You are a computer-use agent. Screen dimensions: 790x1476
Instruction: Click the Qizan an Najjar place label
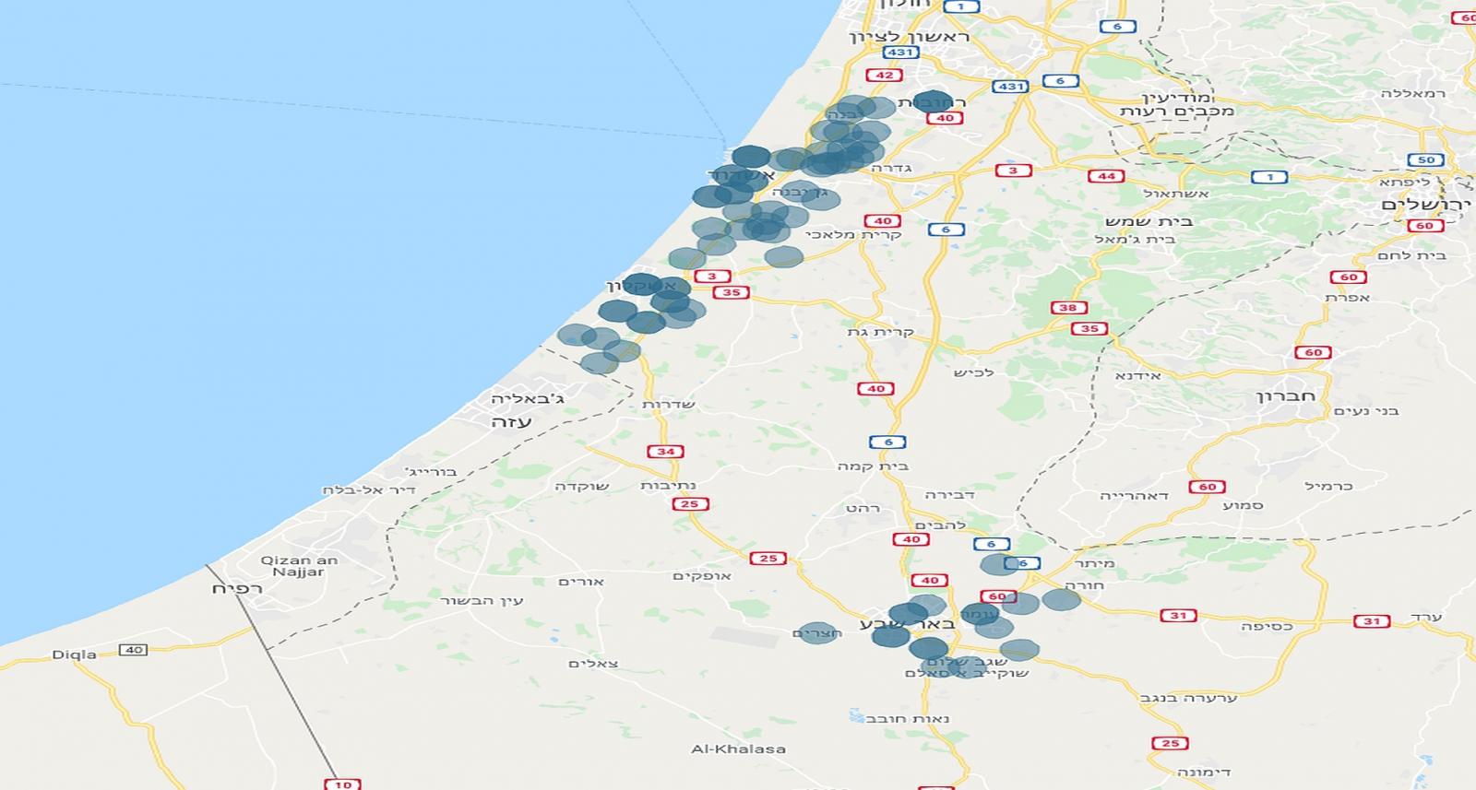(x=299, y=566)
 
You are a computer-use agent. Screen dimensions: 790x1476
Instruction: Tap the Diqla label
(x=74, y=654)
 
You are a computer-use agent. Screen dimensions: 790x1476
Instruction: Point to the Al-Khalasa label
(x=738, y=749)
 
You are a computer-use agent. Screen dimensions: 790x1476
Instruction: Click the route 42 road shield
(x=884, y=76)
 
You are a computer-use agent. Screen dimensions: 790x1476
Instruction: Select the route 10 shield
(x=343, y=784)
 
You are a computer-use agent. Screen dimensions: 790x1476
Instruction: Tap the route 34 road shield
(x=665, y=452)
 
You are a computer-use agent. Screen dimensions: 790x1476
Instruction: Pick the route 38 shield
(x=1067, y=308)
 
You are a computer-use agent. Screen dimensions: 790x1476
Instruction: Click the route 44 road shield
(x=1106, y=176)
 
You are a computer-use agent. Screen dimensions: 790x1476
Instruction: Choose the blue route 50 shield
(x=1426, y=160)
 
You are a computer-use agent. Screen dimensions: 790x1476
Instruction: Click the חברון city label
(x=1285, y=396)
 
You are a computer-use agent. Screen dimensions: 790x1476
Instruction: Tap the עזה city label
(x=511, y=422)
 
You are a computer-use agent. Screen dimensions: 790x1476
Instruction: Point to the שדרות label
(x=669, y=405)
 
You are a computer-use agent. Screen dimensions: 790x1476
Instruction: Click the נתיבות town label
(x=668, y=486)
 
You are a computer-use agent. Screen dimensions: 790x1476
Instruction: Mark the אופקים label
(x=701, y=576)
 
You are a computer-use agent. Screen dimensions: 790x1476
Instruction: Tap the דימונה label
(x=1204, y=772)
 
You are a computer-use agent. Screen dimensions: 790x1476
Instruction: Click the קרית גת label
(x=880, y=332)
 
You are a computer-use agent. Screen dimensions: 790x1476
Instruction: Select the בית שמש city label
(x=1149, y=221)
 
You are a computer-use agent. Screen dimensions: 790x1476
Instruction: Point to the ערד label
(x=1426, y=617)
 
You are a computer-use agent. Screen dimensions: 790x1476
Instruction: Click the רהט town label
(x=863, y=508)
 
